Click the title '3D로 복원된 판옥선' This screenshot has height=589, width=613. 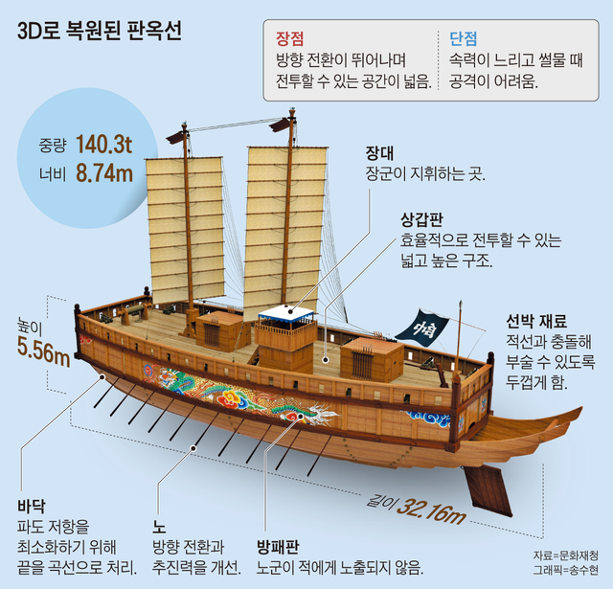[100, 31]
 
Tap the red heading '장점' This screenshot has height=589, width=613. [289, 38]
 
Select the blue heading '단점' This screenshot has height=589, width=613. [464, 38]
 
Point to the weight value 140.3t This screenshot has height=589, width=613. [104, 145]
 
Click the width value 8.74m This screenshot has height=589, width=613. [104, 173]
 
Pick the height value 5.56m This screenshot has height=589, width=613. [43, 351]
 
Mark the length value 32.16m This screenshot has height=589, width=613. [431, 510]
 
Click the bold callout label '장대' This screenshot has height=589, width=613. [379, 153]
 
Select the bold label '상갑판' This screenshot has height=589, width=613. [421, 220]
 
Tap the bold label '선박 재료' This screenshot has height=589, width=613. [536, 321]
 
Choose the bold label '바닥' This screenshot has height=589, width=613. [32, 506]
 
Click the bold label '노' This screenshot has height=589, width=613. [160, 528]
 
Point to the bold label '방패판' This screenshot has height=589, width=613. [278, 547]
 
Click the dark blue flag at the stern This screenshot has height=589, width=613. [422, 325]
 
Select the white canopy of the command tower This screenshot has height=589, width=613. [286, 313]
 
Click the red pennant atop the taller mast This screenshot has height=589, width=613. [279, 125]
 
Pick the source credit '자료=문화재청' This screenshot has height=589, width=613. [566, 555]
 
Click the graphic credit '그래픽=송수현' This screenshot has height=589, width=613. [566, 570]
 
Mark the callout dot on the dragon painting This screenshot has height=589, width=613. [300, 417]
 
